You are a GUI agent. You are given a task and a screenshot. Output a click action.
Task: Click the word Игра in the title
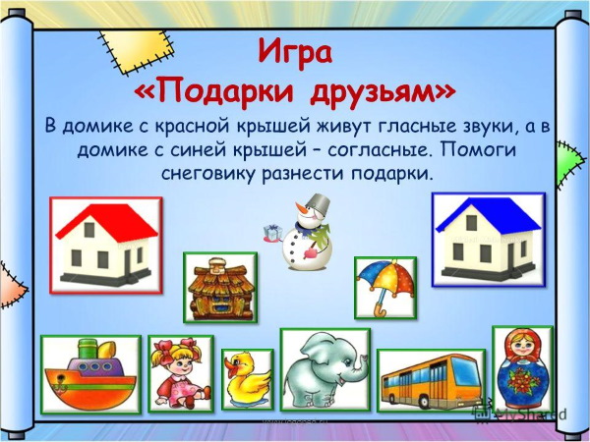point(295,51)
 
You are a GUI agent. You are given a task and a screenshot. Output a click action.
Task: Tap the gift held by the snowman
point(270,232)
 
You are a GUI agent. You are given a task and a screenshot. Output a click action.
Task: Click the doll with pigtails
point(181,373)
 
